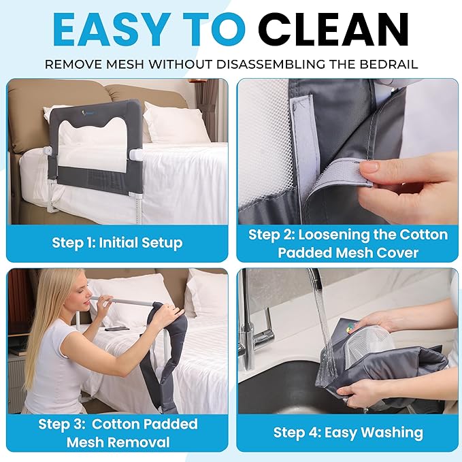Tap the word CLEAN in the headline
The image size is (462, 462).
(x=333, y=29)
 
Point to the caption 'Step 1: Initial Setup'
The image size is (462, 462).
(x=117, y=243)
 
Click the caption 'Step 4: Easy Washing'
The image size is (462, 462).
(x=348, y=433)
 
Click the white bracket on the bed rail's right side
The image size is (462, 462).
(x=135, y=154)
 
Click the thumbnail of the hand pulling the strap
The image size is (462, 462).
(x=348, y=151)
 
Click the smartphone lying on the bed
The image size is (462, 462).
(x=117, y=328)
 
